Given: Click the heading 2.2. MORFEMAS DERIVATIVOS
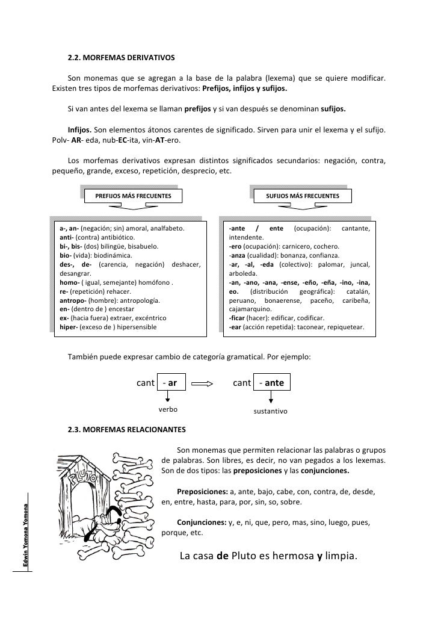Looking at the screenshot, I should point(121,58).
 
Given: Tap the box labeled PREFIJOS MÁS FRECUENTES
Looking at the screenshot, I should point(129,197).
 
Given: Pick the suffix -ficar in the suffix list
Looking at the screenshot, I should point(239,318).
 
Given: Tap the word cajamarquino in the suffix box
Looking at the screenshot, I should point(248,309).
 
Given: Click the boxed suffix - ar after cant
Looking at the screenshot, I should point(170,382).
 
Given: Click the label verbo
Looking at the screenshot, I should point(168,409).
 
